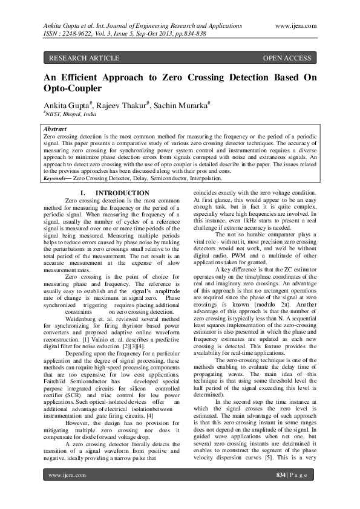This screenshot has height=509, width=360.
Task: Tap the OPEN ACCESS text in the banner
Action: pyautogui.click(x=287, y=59)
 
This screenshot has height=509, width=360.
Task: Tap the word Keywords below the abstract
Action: pyautogui.click(x=56, y=180)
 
